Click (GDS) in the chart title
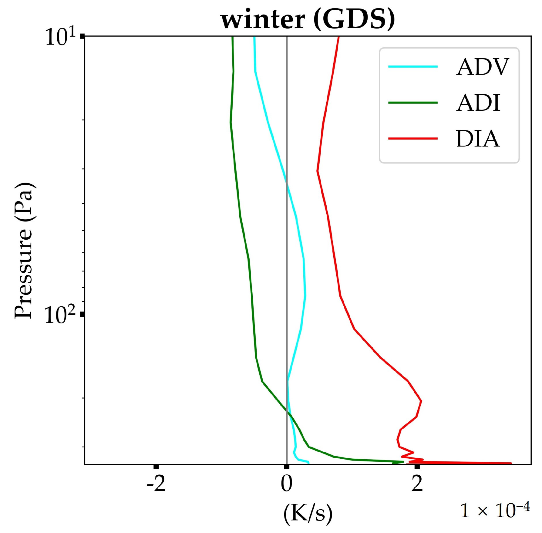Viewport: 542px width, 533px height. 354,19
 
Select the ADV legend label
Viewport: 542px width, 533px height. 482,67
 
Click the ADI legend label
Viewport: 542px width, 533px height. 478,103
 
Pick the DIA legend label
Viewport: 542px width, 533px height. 478,139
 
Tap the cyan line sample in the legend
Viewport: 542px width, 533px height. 413,66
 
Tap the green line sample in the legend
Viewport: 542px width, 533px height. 413,103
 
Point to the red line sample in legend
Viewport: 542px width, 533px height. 413,138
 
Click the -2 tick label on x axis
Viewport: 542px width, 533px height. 156,484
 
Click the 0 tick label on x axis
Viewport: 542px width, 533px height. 287,484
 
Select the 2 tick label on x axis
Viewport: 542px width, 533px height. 417,484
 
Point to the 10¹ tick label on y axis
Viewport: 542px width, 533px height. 60,37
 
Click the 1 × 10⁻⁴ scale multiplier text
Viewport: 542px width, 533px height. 495,510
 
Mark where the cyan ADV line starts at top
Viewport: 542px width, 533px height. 254,37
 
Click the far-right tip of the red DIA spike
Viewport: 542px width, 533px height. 511,463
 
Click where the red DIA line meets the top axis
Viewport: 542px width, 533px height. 338,37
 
